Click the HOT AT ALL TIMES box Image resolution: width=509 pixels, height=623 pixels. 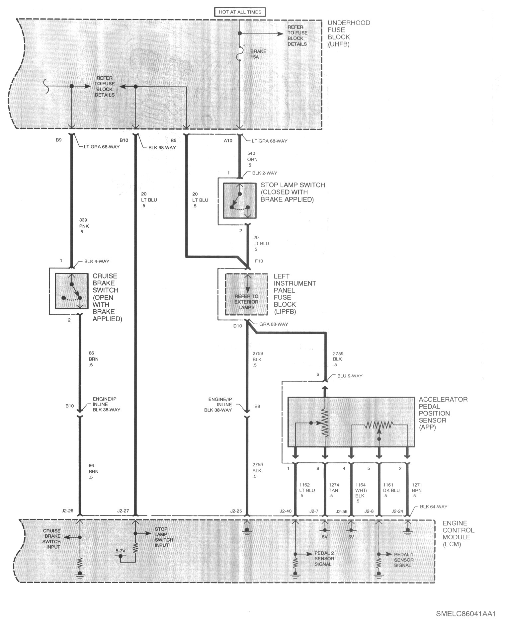click(240, 12)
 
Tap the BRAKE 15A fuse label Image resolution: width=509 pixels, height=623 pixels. click(258, 54)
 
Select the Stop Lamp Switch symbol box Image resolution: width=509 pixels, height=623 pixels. click(239, 200)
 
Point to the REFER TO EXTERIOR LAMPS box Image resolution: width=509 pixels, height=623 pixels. click(246, 294)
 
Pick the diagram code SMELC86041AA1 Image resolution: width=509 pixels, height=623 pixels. click(466, 614)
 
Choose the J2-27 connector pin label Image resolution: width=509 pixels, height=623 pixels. click(123, 511)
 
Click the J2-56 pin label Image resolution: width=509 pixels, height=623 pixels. click(341, 511)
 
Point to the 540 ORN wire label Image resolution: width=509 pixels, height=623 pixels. click(252, 159)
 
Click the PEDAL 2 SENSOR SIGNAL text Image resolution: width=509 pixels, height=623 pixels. click(324, 559)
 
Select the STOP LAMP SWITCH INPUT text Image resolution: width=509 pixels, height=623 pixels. click(164, 540)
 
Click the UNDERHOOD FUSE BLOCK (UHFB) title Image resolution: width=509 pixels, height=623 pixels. click(349, 33)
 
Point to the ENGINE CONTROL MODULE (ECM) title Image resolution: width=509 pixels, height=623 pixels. click(458, 534)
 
